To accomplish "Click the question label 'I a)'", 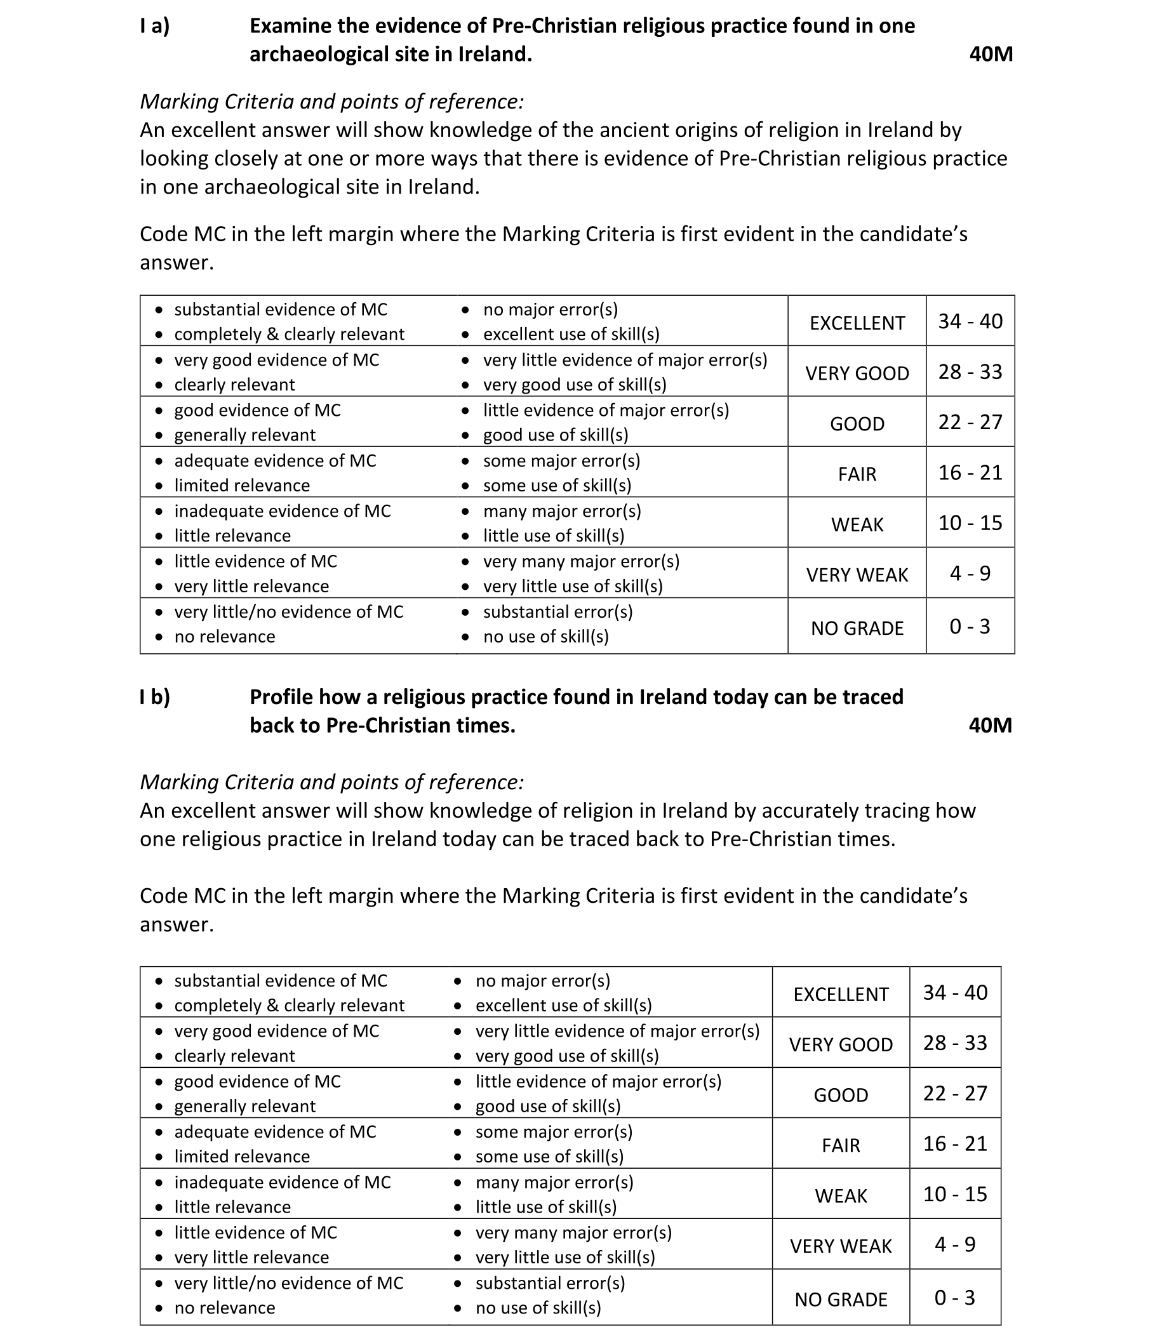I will [x=155, y=27].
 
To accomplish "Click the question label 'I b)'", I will [x=155, y=698].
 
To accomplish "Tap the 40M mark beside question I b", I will [x=990, y=726].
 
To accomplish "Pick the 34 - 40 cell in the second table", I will [x=955, y=992].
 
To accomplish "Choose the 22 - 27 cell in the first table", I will [x=970, y=423].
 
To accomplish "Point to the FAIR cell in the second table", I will [x=841, y=1145].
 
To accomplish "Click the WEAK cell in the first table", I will [x=857, y=524].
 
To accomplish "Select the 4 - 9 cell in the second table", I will [x=955, y=1245].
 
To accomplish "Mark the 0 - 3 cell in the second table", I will [x=955, y=1298].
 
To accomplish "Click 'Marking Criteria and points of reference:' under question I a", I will [x=331, y=102].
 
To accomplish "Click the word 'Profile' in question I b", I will [x=281, y=698].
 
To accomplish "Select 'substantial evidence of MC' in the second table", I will [x=281, y=981].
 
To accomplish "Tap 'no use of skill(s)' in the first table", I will [x=546, y=637].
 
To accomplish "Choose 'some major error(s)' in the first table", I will [x=561, y=461].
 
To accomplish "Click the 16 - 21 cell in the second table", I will [x=955, y=1144].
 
